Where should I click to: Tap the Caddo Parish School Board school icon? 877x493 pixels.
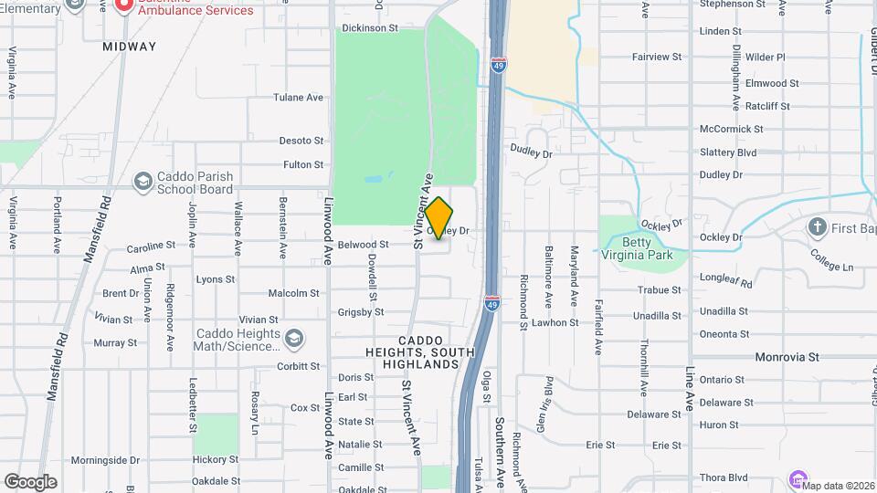(143, 183)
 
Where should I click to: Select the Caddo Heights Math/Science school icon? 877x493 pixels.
(294, 340)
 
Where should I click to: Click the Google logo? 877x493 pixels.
(30, 482)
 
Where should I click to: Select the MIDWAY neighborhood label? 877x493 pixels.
(129, 46)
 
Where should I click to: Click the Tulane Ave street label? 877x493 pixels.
(298, 97)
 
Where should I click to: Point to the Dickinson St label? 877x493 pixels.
(370, 28)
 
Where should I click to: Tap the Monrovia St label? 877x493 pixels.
(787, 356)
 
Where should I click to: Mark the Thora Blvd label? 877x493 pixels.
(724, 477)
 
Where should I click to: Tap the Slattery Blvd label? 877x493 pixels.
(728, 152)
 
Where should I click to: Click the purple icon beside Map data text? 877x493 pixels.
(797, 479)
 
